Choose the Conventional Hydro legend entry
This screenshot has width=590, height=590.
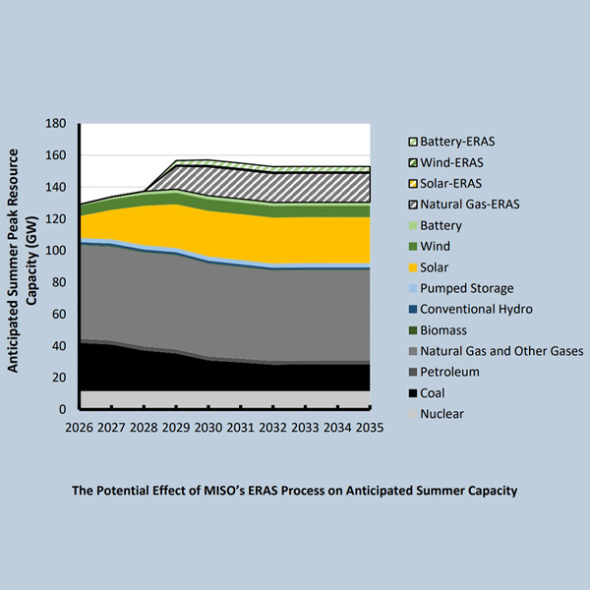point(477,309)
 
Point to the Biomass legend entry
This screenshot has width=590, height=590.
point(442,330)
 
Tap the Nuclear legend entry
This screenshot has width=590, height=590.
point(442,413)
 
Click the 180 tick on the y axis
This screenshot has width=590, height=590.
point(56,124)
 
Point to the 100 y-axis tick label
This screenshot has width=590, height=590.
point(56,251)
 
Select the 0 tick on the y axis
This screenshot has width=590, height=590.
point(63,409)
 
